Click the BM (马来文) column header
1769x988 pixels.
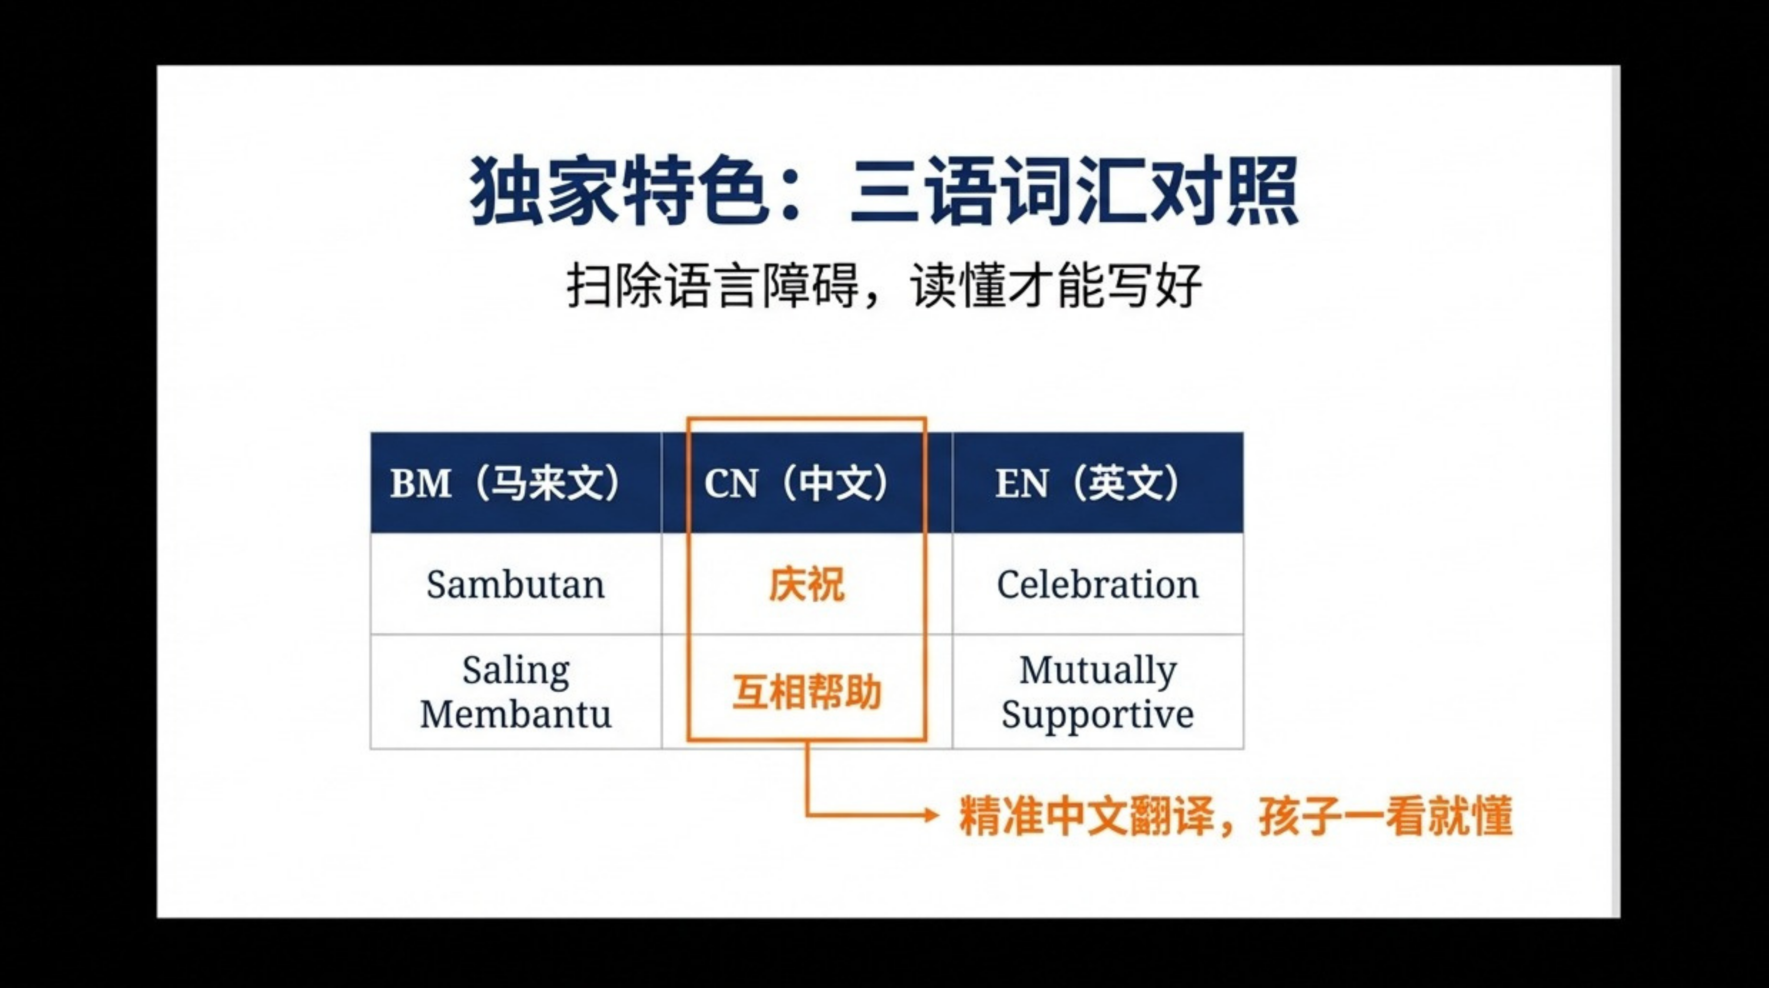516,483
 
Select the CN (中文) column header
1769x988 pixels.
807,483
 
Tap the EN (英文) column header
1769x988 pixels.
1097,483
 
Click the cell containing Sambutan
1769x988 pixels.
516,584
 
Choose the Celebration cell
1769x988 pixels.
1097,584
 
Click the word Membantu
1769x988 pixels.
516,714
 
